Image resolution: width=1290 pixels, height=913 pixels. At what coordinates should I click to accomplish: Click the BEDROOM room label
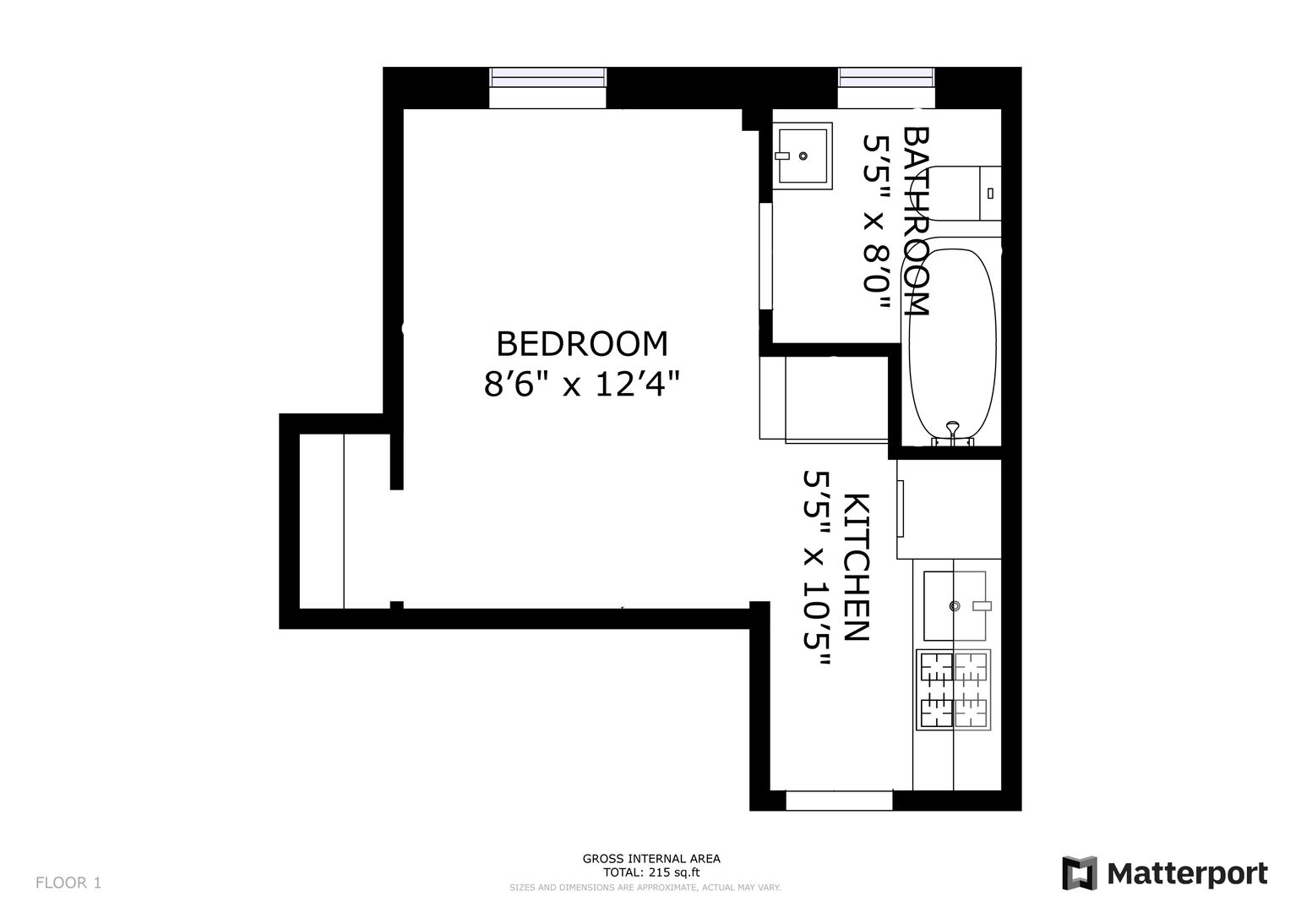[582, 344]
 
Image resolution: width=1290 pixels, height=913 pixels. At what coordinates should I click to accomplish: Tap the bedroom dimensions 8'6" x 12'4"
[582, 384]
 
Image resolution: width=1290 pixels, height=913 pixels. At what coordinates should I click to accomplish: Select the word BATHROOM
[915, 221]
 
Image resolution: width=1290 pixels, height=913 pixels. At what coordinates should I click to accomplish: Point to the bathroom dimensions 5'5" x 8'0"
[876, 221]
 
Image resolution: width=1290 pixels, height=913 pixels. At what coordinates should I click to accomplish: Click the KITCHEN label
[857, 567]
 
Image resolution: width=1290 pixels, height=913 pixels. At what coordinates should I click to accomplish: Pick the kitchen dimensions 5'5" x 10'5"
[817, 568]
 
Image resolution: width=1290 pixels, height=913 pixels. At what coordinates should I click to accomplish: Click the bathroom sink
[803, 156]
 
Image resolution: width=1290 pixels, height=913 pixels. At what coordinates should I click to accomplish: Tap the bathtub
[953, 346]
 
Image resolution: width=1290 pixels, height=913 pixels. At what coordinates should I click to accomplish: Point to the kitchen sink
[955, 606]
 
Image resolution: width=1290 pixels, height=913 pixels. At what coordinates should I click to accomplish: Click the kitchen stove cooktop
[954, 690]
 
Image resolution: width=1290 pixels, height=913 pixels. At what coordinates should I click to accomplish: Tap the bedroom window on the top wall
[547, 88]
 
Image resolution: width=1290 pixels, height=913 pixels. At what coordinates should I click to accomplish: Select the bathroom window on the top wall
[886, 88]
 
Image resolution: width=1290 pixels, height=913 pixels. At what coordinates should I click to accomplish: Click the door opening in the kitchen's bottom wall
[839, 801]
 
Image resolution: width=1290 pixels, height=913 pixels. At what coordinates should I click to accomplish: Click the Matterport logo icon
[1080, 873]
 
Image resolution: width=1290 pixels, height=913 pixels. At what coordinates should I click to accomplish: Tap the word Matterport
[1188, 874]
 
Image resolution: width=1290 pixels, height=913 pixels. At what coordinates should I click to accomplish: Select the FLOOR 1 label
[68, 883]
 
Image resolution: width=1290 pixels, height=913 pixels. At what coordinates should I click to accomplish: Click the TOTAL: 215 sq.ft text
[651, 872]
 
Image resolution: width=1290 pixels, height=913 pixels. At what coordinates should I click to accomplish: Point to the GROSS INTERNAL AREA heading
[651, 859]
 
